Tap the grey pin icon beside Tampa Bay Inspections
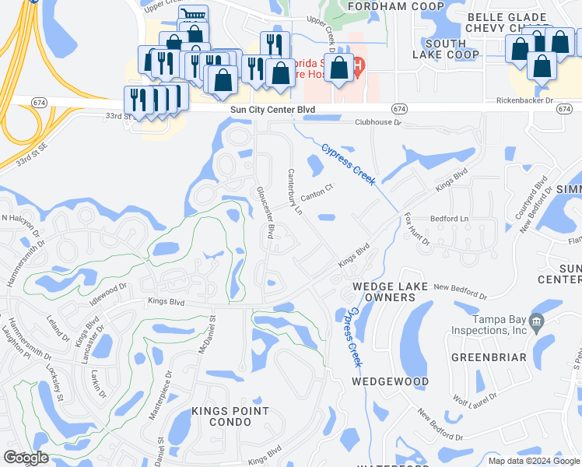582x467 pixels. coord(535,321)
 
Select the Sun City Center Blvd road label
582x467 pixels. coord(272,111)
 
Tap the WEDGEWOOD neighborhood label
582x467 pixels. coord(390,381)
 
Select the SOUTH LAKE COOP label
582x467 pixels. coord(446,49)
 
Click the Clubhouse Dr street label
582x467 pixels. coord(377,122)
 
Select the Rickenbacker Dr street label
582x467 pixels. coord(524,101)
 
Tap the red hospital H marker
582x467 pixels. coord(359,66)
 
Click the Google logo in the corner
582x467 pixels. coord(26,458)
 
